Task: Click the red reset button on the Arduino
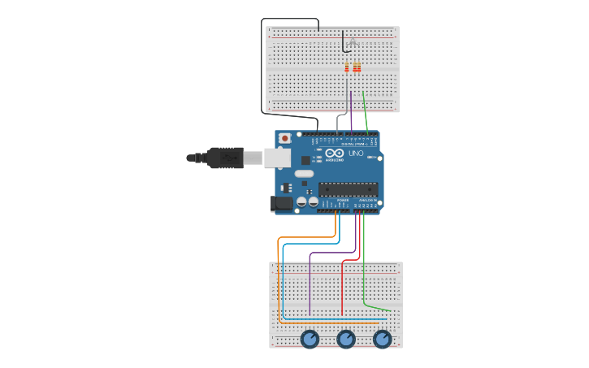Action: [285, 139]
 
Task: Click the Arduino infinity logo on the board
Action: [335, 154]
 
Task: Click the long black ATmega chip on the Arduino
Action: [348, 189]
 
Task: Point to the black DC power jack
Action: [281, 204]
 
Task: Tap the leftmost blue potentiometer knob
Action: [310, 339]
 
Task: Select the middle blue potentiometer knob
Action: [346, 339]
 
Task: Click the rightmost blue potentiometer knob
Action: [383, 339]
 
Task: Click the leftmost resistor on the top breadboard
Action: [347, 67]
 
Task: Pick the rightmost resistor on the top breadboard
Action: [358, 67]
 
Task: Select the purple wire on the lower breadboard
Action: [310, 284]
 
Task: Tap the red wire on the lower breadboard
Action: [342, 288]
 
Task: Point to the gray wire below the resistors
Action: [347, 97]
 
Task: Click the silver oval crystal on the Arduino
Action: [304, 173]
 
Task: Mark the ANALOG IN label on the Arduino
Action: [369, 200]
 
